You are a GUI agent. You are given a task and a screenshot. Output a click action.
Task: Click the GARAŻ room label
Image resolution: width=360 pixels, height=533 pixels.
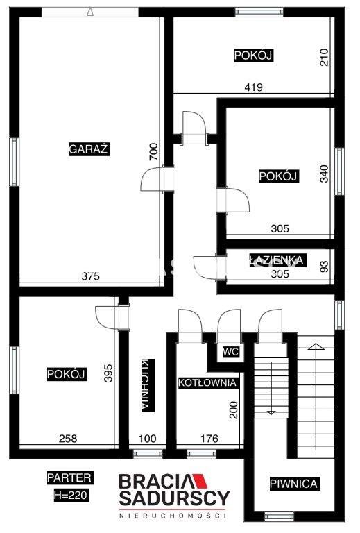click(89, 149)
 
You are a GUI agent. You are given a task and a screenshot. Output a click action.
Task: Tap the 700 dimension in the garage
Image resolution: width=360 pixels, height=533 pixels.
click(153, 151)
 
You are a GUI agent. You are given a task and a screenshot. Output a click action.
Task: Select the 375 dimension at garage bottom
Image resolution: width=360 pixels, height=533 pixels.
click(91, 276)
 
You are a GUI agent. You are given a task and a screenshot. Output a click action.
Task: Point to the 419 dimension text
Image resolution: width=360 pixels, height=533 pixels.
click(254, 87)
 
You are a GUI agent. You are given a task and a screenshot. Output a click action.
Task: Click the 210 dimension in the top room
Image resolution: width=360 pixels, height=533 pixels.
click(325, 57)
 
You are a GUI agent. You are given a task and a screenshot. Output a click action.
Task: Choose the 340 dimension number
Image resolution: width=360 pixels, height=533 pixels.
click(325, 174)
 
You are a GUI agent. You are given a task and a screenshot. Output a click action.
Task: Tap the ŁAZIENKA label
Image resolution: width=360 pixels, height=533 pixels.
click(277, 260)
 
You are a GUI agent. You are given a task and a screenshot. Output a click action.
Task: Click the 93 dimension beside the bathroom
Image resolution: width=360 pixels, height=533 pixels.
click(325, 266)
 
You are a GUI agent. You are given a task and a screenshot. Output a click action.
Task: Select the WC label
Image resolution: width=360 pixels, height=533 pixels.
click(231, 352)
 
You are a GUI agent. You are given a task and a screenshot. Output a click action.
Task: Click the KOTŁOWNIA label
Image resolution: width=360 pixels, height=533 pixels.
click(207, 382)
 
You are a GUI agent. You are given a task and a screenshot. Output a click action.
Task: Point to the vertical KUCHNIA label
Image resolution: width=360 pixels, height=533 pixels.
click(148, 385)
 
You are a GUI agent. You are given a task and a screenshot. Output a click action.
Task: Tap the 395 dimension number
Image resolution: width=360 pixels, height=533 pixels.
click(108, 373)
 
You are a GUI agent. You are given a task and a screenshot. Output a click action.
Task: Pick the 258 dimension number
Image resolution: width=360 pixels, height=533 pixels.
click(68, 439)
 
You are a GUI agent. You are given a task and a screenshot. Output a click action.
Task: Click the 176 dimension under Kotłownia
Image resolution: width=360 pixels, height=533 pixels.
click(209, 439)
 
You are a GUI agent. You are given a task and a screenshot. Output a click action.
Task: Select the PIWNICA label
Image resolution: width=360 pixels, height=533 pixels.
click(294, 483)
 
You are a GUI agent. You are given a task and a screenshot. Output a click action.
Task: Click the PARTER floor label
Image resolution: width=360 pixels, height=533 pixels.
click(69, 477)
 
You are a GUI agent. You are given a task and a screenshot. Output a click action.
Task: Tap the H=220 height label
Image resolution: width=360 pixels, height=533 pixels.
click(71, 495)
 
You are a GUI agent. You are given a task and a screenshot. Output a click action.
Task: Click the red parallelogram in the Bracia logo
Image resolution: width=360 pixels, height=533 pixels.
click(199, 481)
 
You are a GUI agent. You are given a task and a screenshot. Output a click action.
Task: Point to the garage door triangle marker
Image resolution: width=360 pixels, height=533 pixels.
click(90, 12)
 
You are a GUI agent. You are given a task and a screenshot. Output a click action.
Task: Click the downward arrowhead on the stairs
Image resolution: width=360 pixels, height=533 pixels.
click(271, 412)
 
